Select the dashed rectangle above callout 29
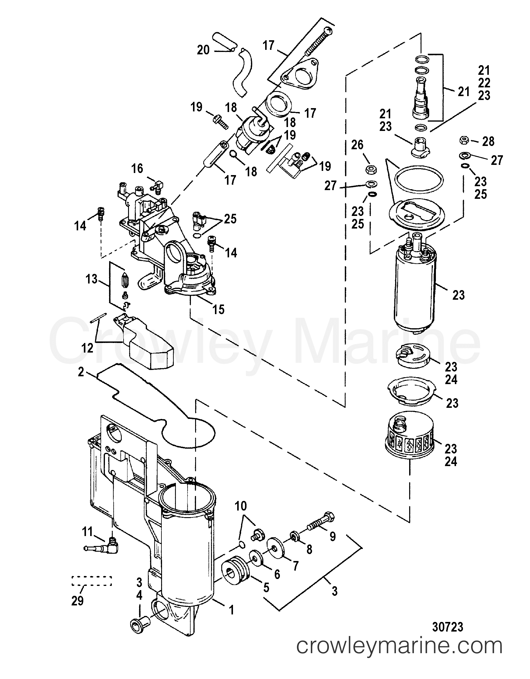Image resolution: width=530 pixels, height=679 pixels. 91,581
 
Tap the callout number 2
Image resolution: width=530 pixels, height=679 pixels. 81,372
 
